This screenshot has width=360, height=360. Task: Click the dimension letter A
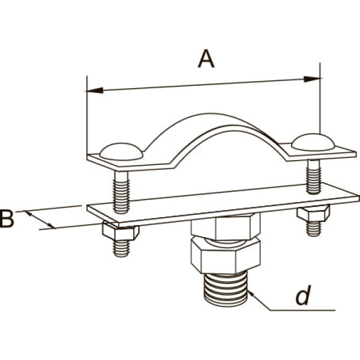(206, 59)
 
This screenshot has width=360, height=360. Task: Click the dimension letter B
(7, 219)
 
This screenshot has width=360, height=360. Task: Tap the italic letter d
(303, 295)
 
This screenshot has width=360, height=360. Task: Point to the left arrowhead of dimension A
(95, 91)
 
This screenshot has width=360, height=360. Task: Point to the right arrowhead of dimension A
(312, 79)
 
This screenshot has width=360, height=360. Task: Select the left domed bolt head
(121, 152)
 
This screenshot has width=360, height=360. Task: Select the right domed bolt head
(313, 142)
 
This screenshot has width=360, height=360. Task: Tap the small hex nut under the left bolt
(121, 231)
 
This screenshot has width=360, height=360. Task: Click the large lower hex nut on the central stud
(226, 256)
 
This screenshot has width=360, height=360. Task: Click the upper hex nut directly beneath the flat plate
(226, 227)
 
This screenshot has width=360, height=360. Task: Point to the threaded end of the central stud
(226, 289)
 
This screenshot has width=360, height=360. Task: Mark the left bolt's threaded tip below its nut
(121, 248)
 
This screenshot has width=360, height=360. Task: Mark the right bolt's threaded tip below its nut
(314, 229)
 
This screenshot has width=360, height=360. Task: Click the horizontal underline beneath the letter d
(302, 310)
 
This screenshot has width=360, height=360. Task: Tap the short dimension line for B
(40, 220)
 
